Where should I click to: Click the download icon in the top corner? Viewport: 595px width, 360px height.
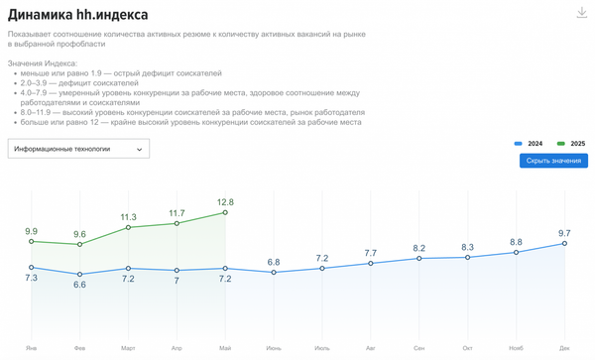tap(582, 13)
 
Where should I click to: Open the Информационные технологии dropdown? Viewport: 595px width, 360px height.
tap(77, 149)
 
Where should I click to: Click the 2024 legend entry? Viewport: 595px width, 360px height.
tap(530, 144)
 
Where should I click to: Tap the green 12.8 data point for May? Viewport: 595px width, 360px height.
tap(226, 212)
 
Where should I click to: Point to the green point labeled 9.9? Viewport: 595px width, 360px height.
tap(32, 241)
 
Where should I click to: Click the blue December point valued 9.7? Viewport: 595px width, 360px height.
tap(565, 243)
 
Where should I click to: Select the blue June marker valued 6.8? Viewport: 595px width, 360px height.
tap(274, 272)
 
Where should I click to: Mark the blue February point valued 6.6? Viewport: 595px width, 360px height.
tap(80, 275)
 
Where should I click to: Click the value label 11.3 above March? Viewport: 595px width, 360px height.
tap(129, 216)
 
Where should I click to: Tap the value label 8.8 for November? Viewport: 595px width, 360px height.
tap(517, 241)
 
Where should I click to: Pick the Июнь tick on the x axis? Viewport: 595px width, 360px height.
tap(274, 348)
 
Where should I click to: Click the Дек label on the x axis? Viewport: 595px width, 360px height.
tap(564, 348)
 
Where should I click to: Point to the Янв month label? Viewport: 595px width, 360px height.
tap(32, 348)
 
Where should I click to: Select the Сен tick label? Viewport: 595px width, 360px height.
tap(419, 348)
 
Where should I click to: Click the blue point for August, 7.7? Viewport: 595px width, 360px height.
tap(371, 263)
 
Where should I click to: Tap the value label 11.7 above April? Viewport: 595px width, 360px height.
tap(178, 212)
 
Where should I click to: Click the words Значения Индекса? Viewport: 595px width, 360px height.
tap(41, 63)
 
